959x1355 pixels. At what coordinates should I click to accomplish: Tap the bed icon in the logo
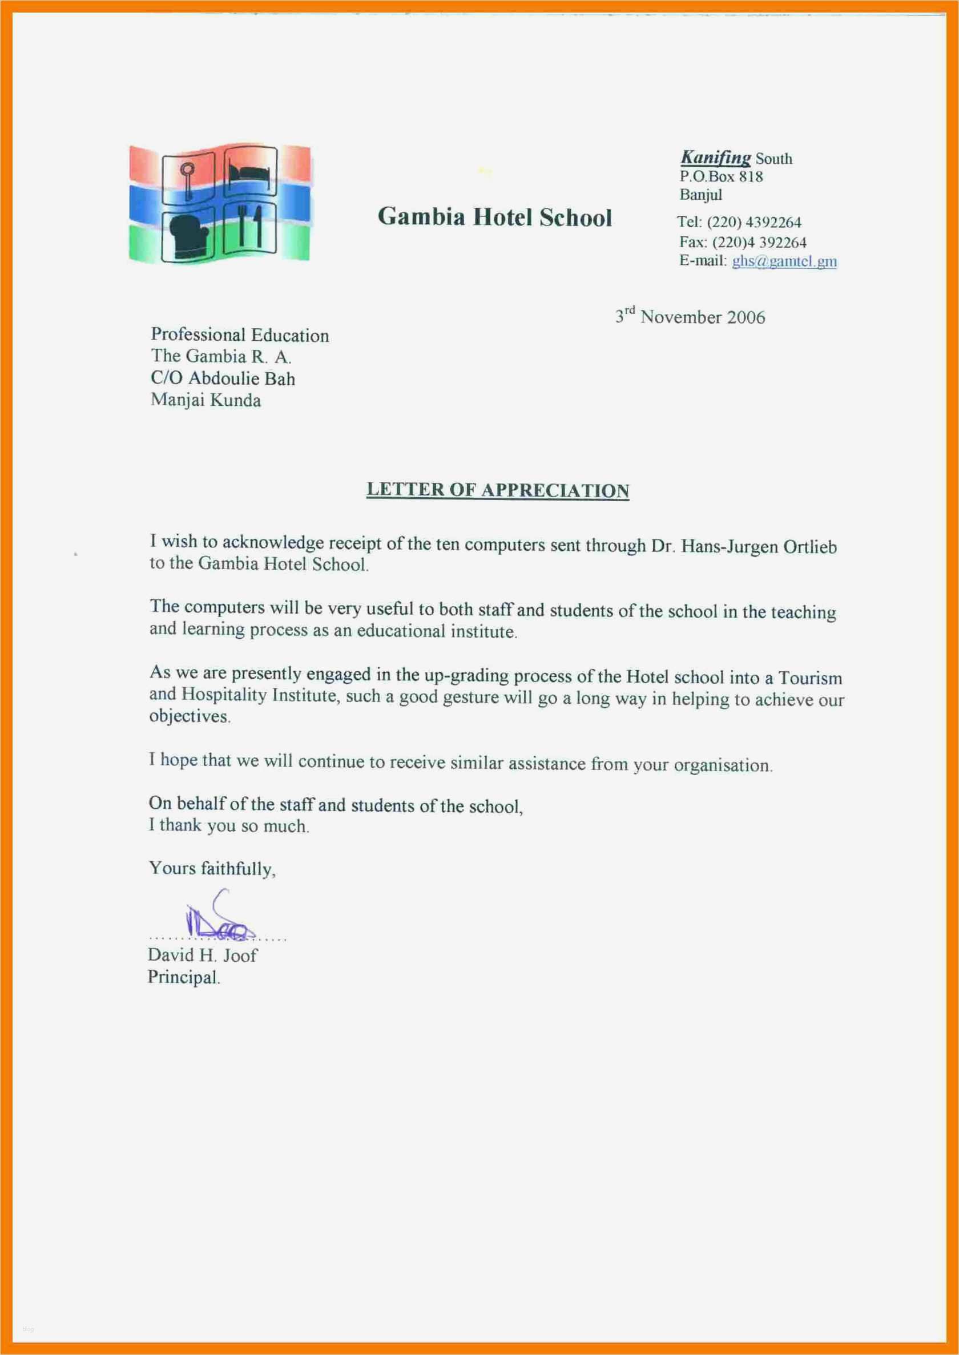[251, 171]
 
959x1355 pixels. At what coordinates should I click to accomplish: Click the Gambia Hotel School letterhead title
[494, 217]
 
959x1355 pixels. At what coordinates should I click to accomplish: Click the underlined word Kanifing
[716, 158]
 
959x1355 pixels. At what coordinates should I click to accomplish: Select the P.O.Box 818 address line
[721, 176]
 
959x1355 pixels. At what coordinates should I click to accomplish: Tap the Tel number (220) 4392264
[754, 223]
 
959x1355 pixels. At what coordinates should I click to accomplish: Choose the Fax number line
[742, 242]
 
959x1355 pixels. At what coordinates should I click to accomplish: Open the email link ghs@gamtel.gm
[784, 261]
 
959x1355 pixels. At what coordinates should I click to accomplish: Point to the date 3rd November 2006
[690, 316]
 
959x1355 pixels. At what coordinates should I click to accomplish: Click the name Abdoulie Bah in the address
[241, 378]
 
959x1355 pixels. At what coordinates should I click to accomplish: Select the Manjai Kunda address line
[205, 400]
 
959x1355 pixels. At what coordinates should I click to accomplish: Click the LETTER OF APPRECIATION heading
[498, 490]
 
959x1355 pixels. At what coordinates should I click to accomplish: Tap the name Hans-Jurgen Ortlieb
[759, 547]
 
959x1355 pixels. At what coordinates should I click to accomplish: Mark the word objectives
[189, 716]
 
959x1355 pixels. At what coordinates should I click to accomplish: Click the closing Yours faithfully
[212, 869]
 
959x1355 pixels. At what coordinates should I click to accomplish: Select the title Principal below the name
[183, 977]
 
